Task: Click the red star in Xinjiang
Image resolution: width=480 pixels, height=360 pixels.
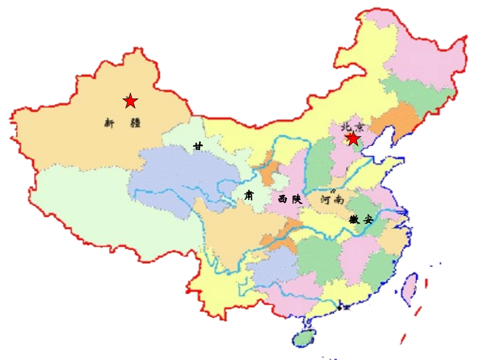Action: pyautogui.click(x=130, y=101)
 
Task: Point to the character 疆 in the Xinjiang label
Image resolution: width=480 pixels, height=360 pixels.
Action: pyautogui.click(x=135, y=123)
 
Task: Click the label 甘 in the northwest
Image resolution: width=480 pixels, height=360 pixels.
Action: pyautogui.click(x=198, y=146)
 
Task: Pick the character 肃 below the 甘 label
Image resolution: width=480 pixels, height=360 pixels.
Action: pyautogui.click(x=249, y=195)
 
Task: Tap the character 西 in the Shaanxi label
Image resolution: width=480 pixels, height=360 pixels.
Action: pyautogui.click(x=283, y=199)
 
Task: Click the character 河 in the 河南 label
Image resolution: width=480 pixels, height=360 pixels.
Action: pyautogui.click(x=326, y=200)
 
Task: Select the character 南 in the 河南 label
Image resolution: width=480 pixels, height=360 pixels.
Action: pyautogui.click(x=339, y=200)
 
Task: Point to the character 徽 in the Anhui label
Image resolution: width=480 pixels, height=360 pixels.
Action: pyautogui.click(x=354, y=220)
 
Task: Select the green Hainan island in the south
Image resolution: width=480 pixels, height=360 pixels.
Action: pyautogui.click(x=305, y=337)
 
